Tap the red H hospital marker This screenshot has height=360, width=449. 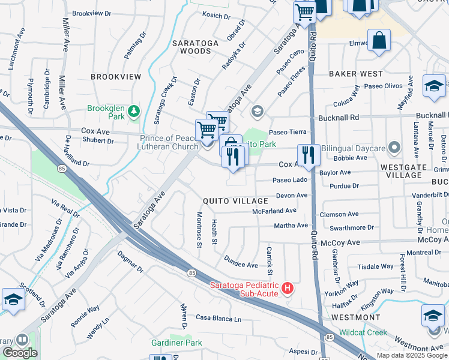pyautogui.click(x=288, y=289)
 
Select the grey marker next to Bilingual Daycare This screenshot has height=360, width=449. pyautogui.click(x=394, y=147)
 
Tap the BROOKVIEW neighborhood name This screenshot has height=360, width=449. pyautogui.click(x=116, y=77)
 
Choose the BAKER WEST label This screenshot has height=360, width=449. pyautogui.click(x=356, y=74)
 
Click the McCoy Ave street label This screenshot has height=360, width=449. pyautogui.click(x=340, y=242)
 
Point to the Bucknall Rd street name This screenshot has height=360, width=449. pyautogui.click(x=354, y=118)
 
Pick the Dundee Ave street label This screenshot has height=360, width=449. pyautogui.click(x=241, y=265)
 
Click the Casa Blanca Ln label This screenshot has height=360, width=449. pyautogui.click(x=218, y=318)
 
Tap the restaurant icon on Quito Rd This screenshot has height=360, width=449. pyautogui.click(x=308, y=155)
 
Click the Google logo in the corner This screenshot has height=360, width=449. pyautogui.click(x=20, y=353)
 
